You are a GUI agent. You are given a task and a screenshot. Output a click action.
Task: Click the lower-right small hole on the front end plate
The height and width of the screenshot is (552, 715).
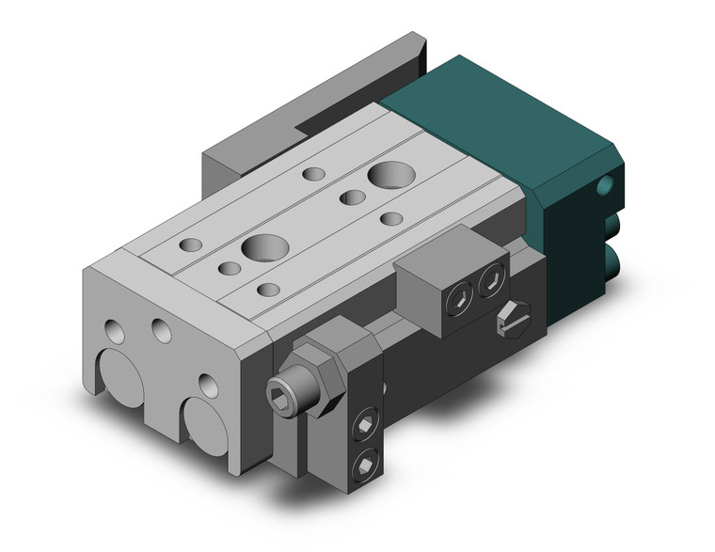click(x=206, y=384)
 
